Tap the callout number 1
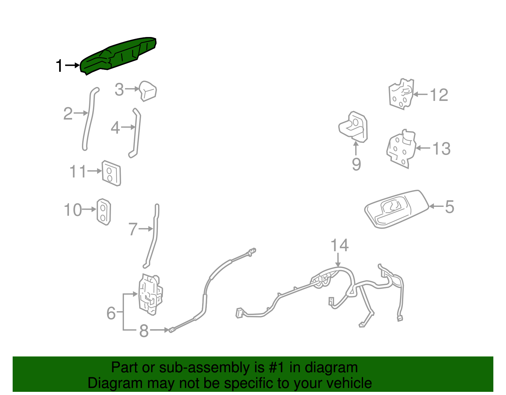59,65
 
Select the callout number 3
119,89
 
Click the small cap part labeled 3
148,91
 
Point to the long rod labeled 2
89,119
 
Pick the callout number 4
115,128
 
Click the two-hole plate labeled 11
111,173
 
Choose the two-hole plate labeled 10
104,212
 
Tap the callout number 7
133,229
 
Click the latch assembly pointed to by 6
150,294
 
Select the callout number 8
144,330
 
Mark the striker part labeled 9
353,127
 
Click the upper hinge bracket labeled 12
401,94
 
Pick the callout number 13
441,149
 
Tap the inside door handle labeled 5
396,209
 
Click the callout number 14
340,245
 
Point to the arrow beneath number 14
338,260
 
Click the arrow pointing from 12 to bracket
420,94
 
